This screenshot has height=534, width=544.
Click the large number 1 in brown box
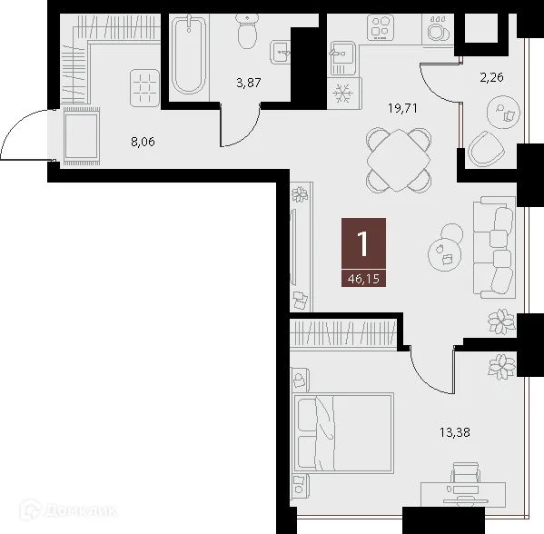363,243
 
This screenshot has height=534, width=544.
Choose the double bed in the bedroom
342,441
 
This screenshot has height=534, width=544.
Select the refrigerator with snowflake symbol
344,94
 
